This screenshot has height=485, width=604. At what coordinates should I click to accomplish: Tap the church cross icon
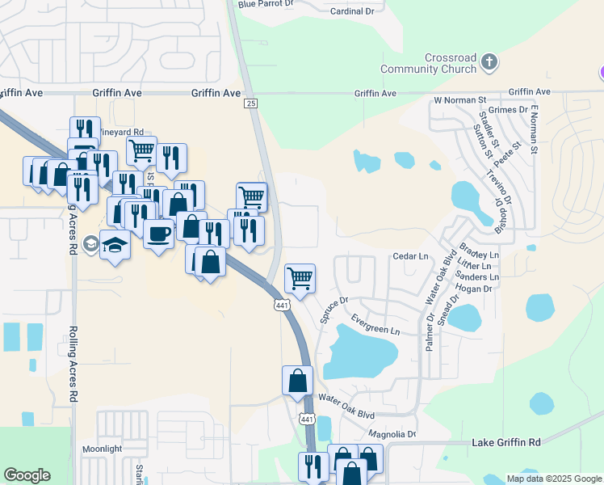click(x=489, y=61)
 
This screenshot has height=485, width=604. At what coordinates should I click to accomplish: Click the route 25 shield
click(x=251, y=104)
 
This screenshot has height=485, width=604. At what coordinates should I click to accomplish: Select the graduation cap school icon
click(x=115, y=244)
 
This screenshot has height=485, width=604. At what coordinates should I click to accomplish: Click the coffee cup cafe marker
click(x=158, y=234)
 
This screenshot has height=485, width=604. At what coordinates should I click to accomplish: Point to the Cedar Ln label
click(x=409, y=256)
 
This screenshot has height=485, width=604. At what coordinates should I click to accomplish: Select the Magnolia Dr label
click(x=390, y=434)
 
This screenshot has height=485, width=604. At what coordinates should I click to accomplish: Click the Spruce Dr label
click(x=333, y=310)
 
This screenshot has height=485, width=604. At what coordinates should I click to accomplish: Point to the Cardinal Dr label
click(x=353, y=11)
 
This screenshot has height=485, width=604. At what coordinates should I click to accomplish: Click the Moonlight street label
click(x=102, y=449)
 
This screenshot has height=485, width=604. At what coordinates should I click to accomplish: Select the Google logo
click(x=27, y=475)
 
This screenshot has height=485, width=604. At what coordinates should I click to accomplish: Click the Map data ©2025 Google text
click(x=555, y=479)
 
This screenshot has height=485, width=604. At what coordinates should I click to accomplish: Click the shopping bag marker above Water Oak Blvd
click(x=297, y=380)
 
